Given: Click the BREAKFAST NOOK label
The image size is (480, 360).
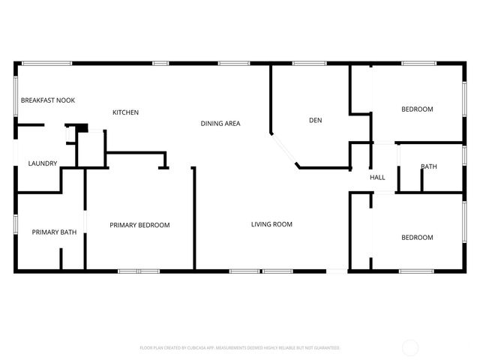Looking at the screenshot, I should pos(47,100).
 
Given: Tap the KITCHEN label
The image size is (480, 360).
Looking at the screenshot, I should pos(125,112).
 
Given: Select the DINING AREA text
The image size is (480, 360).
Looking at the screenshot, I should pos(220,123).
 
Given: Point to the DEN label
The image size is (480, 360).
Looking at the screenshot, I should pos(315,120).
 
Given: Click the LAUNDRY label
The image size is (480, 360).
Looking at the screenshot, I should pos(43,163).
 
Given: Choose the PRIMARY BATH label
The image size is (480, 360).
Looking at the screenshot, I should pos(54,232).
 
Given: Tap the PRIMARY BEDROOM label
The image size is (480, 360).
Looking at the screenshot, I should pos(139,225).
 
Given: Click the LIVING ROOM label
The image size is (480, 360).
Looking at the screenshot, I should pos(271,224).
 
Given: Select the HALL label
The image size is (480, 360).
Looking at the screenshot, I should pos(377,178).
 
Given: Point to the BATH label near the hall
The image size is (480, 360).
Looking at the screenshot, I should pos(428,166).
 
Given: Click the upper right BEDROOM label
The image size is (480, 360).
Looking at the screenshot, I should pos(417,109).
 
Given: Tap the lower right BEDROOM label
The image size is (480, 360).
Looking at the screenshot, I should pos(417,238).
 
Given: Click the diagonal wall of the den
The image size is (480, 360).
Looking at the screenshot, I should pos(285,151).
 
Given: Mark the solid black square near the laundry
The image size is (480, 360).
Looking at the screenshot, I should pos(84,128).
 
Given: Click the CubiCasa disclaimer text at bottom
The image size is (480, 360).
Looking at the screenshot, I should pos(240,348).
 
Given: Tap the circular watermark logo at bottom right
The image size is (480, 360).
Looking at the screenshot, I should pos(410,347).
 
